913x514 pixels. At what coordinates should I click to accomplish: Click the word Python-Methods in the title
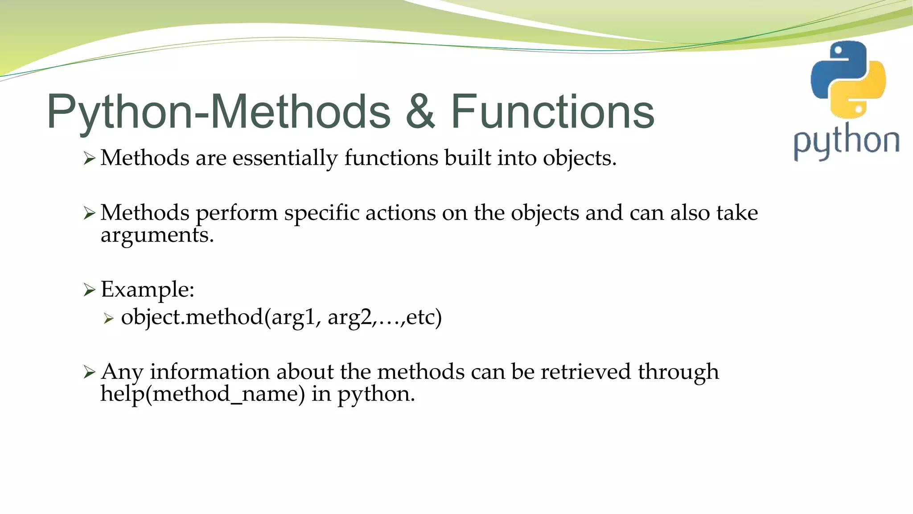pos(218,112)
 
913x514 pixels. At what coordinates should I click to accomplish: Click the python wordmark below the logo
pos(846,142)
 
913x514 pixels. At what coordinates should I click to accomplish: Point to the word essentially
pos(285,159)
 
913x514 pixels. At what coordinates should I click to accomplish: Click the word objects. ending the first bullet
pos(579,159)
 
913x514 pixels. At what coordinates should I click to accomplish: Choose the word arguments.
pos(157,236)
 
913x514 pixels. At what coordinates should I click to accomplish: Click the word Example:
pos(148,290)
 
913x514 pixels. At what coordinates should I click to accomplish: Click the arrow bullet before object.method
pos(109,319)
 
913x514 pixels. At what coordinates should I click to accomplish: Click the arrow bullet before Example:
pos(89,290)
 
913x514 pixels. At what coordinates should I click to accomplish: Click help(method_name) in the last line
pos(203,394)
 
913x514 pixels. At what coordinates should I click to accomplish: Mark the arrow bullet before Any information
pos(89,372)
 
